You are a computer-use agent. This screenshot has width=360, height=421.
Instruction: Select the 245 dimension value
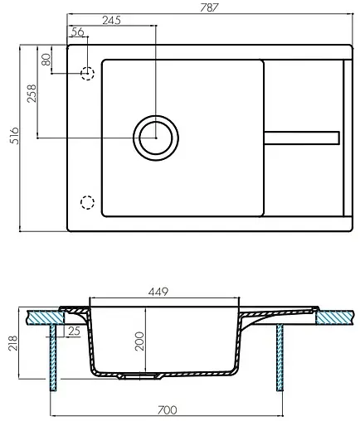[x=113, y=20]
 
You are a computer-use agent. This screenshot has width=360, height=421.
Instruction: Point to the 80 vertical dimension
[x=46, y=60]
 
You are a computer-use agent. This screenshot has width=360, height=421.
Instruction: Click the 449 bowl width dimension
[x=160, y=292]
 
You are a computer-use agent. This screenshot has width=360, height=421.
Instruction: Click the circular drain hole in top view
[x=154, y=136]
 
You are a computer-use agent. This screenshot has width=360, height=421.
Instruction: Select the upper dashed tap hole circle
[x=86, y=74]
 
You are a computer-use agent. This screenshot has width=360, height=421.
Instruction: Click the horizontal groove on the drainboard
[x=300, y=137]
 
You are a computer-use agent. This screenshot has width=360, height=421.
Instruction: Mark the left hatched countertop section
[x=45, y=315]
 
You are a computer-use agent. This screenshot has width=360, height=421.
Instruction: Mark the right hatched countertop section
[x=336, y=316]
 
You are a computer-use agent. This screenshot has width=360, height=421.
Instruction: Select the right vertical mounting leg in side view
[x=280, y=358]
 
